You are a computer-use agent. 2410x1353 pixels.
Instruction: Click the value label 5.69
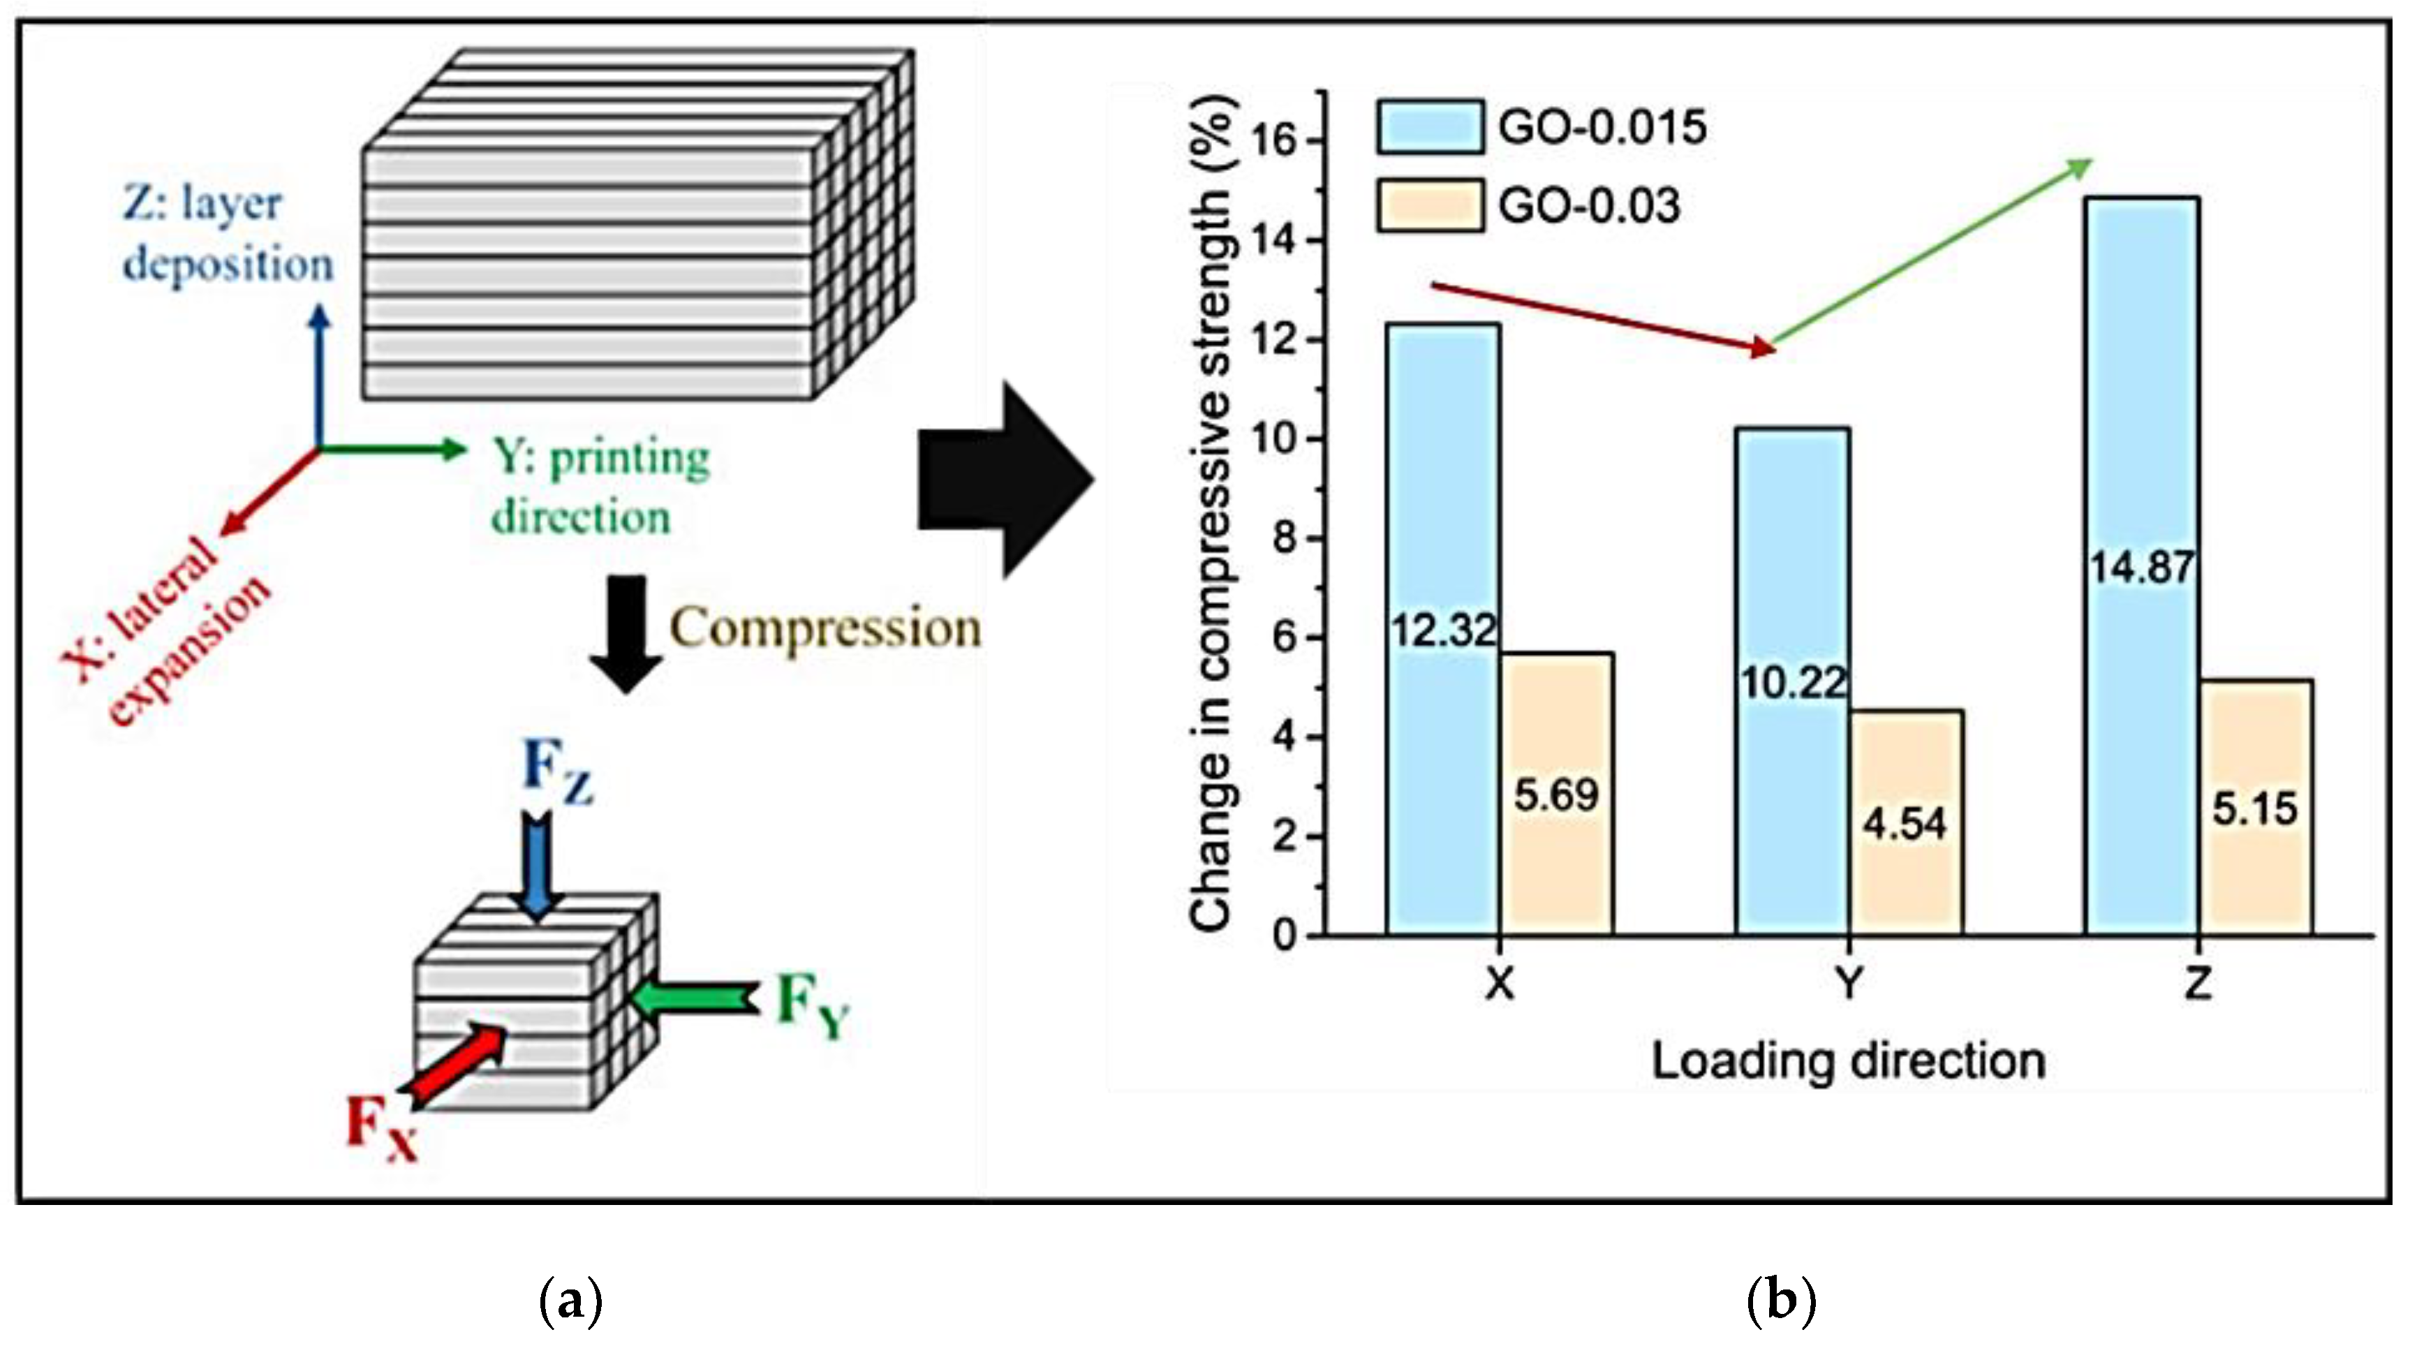tap(1557, 795)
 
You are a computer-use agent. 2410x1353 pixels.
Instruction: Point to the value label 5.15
tap(2255, 808)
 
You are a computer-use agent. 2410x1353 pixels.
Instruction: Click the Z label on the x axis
tap(2198, 984)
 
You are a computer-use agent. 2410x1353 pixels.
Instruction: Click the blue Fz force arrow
tap(536, 866)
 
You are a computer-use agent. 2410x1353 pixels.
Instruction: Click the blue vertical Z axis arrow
tap(320, 374)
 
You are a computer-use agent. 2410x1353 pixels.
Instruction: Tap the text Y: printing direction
tap(599, 487)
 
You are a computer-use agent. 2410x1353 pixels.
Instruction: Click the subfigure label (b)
tap(1780, 1301)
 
